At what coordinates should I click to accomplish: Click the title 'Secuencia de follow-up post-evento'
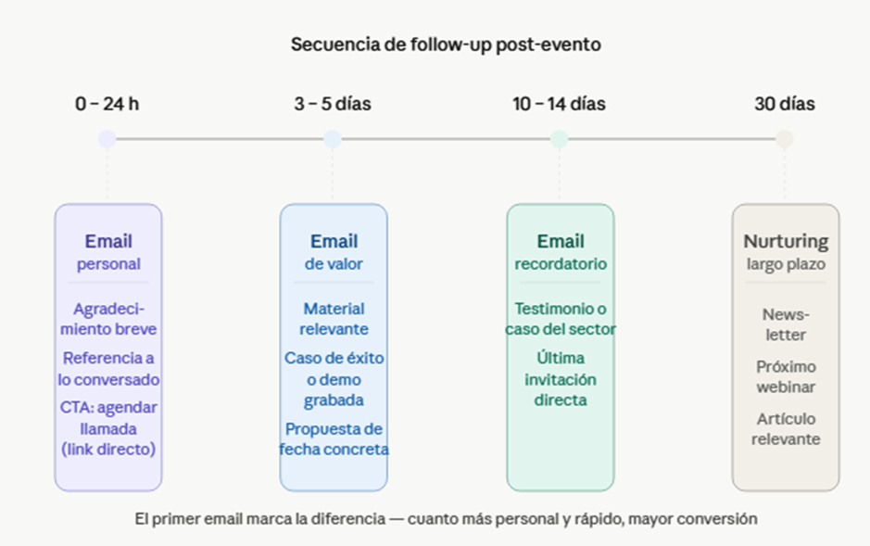point(446,44)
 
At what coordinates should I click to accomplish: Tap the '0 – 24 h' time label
point(107,104)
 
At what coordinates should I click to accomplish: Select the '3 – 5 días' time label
point(333,104)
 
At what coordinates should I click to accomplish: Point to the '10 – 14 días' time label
point(559,104)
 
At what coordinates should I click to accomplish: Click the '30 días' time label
point(785,104)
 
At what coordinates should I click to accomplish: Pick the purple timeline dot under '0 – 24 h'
point(107,139)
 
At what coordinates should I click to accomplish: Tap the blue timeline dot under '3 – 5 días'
point(333,139)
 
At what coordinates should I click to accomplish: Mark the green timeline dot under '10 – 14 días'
point(559,139)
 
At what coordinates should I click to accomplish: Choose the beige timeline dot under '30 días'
point(785,139)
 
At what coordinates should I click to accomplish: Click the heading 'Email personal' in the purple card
point(108,252)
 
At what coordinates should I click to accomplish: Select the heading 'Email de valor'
point(334,252)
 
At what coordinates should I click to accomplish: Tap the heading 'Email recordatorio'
point(561,252)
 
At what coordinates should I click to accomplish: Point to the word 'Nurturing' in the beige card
point(786,241)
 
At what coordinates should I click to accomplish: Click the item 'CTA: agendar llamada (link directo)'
point(108,428)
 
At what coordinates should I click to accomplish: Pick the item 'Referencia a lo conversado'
point(108,368)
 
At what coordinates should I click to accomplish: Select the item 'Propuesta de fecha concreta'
point(334,438)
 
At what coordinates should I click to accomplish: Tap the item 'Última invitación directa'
point(561,379)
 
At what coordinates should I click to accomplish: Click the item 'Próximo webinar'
point(786,376)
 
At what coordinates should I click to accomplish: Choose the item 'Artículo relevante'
point(786,429)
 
